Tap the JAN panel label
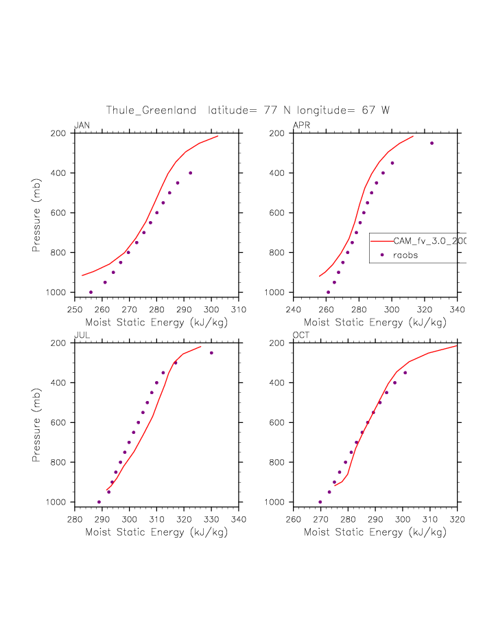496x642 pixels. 82,125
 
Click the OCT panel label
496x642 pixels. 301,335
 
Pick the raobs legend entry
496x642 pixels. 405,255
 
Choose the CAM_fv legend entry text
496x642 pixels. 429,241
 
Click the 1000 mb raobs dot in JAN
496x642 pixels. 91,292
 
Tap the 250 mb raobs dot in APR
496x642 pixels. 432,143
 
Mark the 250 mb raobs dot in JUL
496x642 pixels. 211,353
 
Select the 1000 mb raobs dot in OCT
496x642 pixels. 320,502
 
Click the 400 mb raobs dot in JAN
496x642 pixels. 190,173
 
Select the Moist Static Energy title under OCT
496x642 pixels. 375,531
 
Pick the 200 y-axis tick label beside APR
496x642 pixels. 277,133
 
